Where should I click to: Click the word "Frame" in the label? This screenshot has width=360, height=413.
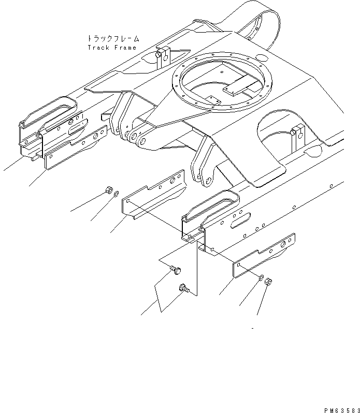coord(125,48)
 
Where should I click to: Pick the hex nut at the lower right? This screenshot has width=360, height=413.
coord(269,283)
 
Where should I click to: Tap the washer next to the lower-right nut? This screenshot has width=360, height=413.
coord(261,278)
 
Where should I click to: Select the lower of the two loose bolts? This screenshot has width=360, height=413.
coord(183,288)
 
